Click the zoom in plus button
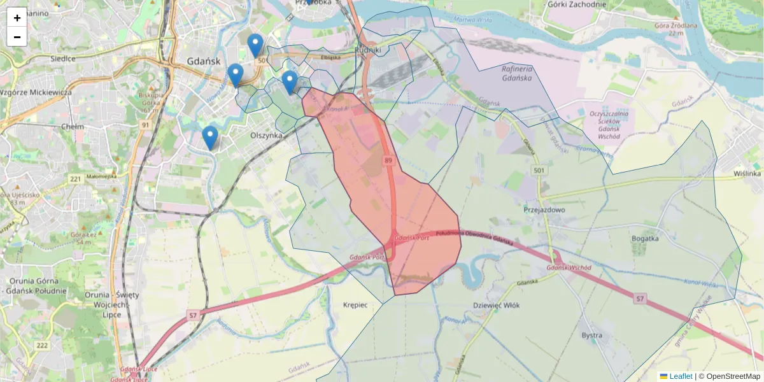(x=17, y=18)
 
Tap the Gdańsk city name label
(x=204, y=62)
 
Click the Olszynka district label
(x=266, y=136)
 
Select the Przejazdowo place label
(x=544, y=209)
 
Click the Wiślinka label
(x=747, y=173)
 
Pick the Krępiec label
(x=355, y=305)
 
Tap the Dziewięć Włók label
(x=497, y=306)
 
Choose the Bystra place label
(x=592, y=335)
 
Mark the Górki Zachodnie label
(x=576, y=4)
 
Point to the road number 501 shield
(x=539, y=171)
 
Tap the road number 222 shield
(x=42, y=345)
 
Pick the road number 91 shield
(x=145, y=125)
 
